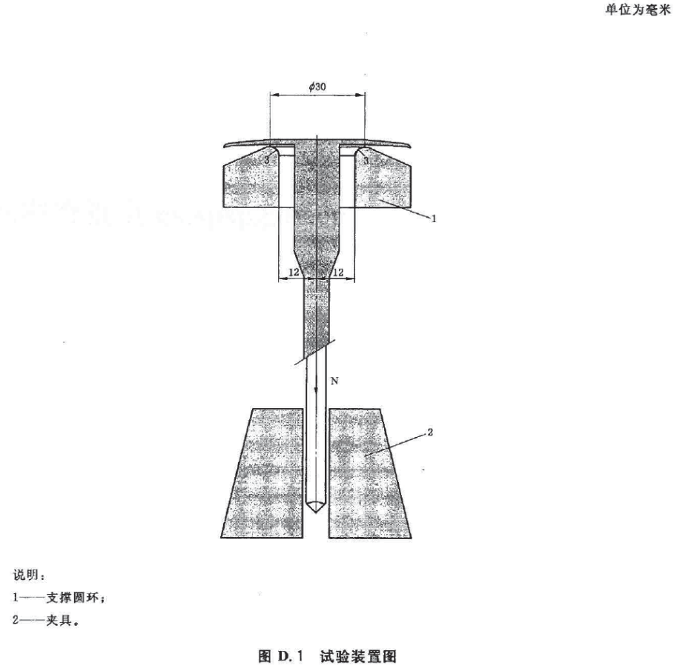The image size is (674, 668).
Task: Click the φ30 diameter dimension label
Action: pyautogui.click(x=317, y=87)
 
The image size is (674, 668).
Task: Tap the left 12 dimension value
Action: pyautogui.click(x=294, y=273)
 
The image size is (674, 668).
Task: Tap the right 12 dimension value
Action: pyautogui.click(x=338, y=273)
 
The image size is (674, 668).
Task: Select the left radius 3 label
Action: pyautogui.click(x=267, y=161)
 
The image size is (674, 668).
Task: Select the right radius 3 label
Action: pyautogui.click(x=366, y=161)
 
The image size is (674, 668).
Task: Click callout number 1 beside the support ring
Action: pyautogui.click(x=434, y=218)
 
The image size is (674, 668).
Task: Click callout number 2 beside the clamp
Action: pyautogui.click(x=430, y=432)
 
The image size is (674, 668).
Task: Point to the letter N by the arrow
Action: pyautogui.click(x=334, y=381)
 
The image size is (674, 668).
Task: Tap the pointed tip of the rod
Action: pyautogui.click(x=317, y=513)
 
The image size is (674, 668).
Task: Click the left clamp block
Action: pyautogui.click(x=262, y=473)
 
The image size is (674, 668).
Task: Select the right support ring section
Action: pyautogui.click(x=382, y=180)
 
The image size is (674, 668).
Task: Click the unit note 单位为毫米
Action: pyautogui.click(x=638, y=10)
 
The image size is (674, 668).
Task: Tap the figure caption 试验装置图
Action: pyautogui.click(x=357, y=656)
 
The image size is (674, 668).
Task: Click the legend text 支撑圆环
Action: pyautogui.click(x=73, y=598)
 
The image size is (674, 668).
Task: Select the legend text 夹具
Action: pyautogui.click(x=59, y=621)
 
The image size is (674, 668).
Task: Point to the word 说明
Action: pyautogui.click(x=26, y=575)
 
